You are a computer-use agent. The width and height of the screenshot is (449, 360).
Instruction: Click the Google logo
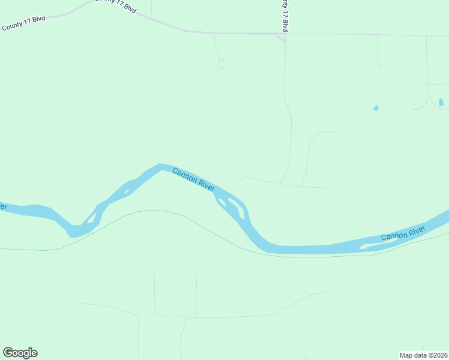(20, 353)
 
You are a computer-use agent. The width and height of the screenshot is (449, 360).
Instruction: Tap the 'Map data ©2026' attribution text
(423, 355)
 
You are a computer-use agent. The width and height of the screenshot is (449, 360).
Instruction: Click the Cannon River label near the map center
(193, 179)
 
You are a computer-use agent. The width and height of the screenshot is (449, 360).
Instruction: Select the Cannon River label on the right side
(403, 233)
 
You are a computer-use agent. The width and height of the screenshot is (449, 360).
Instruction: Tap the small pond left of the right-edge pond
(376, 108)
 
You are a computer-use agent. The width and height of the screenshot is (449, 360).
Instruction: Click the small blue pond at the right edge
(441, 102)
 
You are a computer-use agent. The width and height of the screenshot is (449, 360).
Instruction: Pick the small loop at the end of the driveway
(221, 64)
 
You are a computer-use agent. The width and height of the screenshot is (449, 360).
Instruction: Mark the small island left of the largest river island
(220, 199)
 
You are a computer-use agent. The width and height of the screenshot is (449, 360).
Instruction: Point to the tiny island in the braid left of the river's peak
(127, 192)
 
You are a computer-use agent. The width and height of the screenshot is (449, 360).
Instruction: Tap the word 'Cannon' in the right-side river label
(393, 236)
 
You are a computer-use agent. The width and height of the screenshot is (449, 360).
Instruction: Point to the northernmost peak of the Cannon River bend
(159, 165)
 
